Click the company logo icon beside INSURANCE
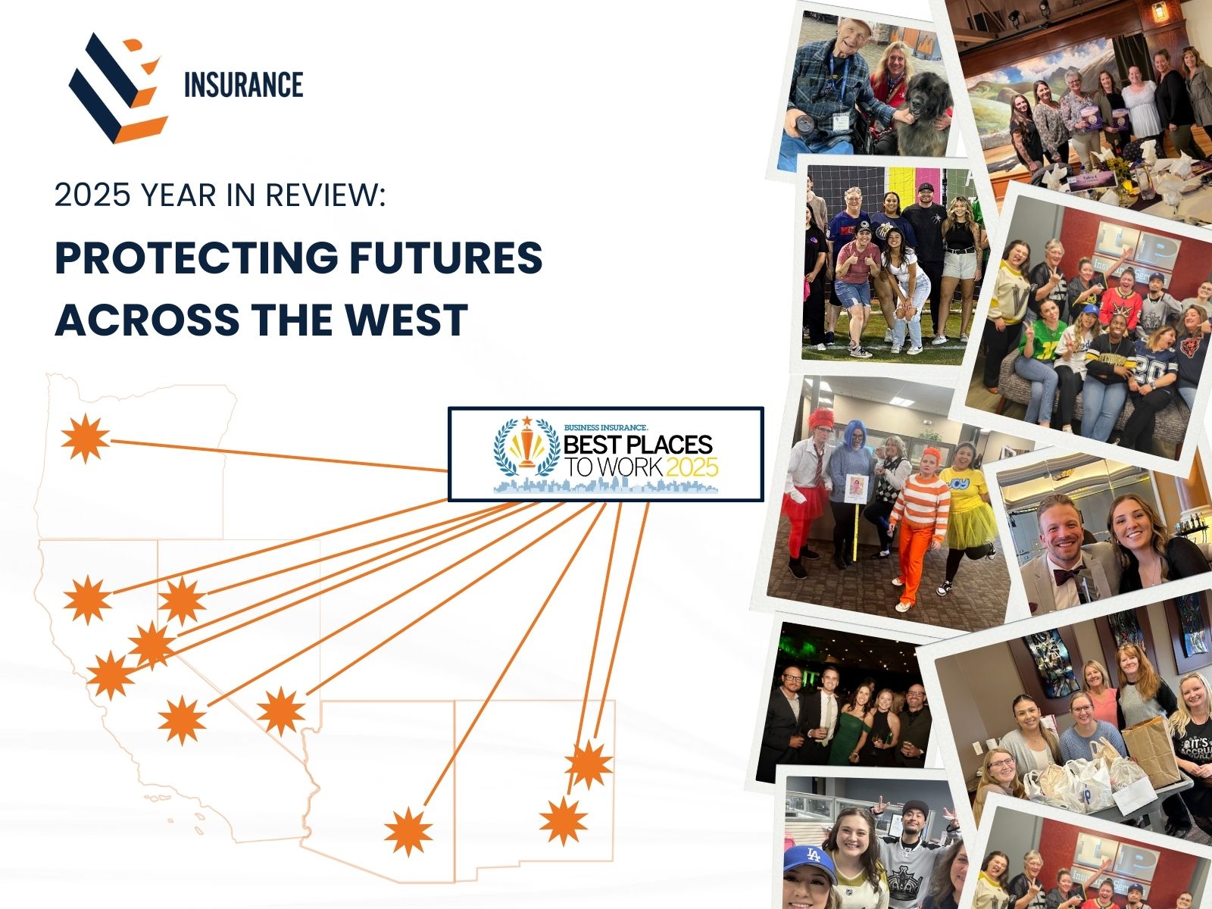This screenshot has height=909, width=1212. pyautogui.click(x=117, y=87)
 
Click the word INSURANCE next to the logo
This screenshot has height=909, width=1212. pyautogui.click(x=243, y=85)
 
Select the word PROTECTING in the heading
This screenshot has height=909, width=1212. pyautogui.click(x=196, y=258)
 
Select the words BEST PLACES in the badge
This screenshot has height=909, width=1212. pyautogui.click(x=638, y=445)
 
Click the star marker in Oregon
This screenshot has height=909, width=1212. pyautogui.click(x=85, y=439)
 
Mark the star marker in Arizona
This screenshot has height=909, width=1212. pyautogui.click(x=408, y=831)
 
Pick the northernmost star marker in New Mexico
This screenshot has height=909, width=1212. pyautogui.click(x=589, y=765)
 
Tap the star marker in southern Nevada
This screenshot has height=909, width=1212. pyautogui.click(x=281, y=711)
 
